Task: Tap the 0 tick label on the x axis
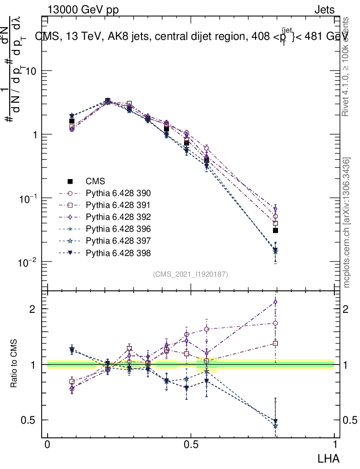tap(47, 444)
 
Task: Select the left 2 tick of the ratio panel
tap(34, 309)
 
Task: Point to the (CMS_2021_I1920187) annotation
tap(191, 274)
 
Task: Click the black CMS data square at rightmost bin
tap(275, 230)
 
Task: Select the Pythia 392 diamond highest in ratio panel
tap(275, 302)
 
